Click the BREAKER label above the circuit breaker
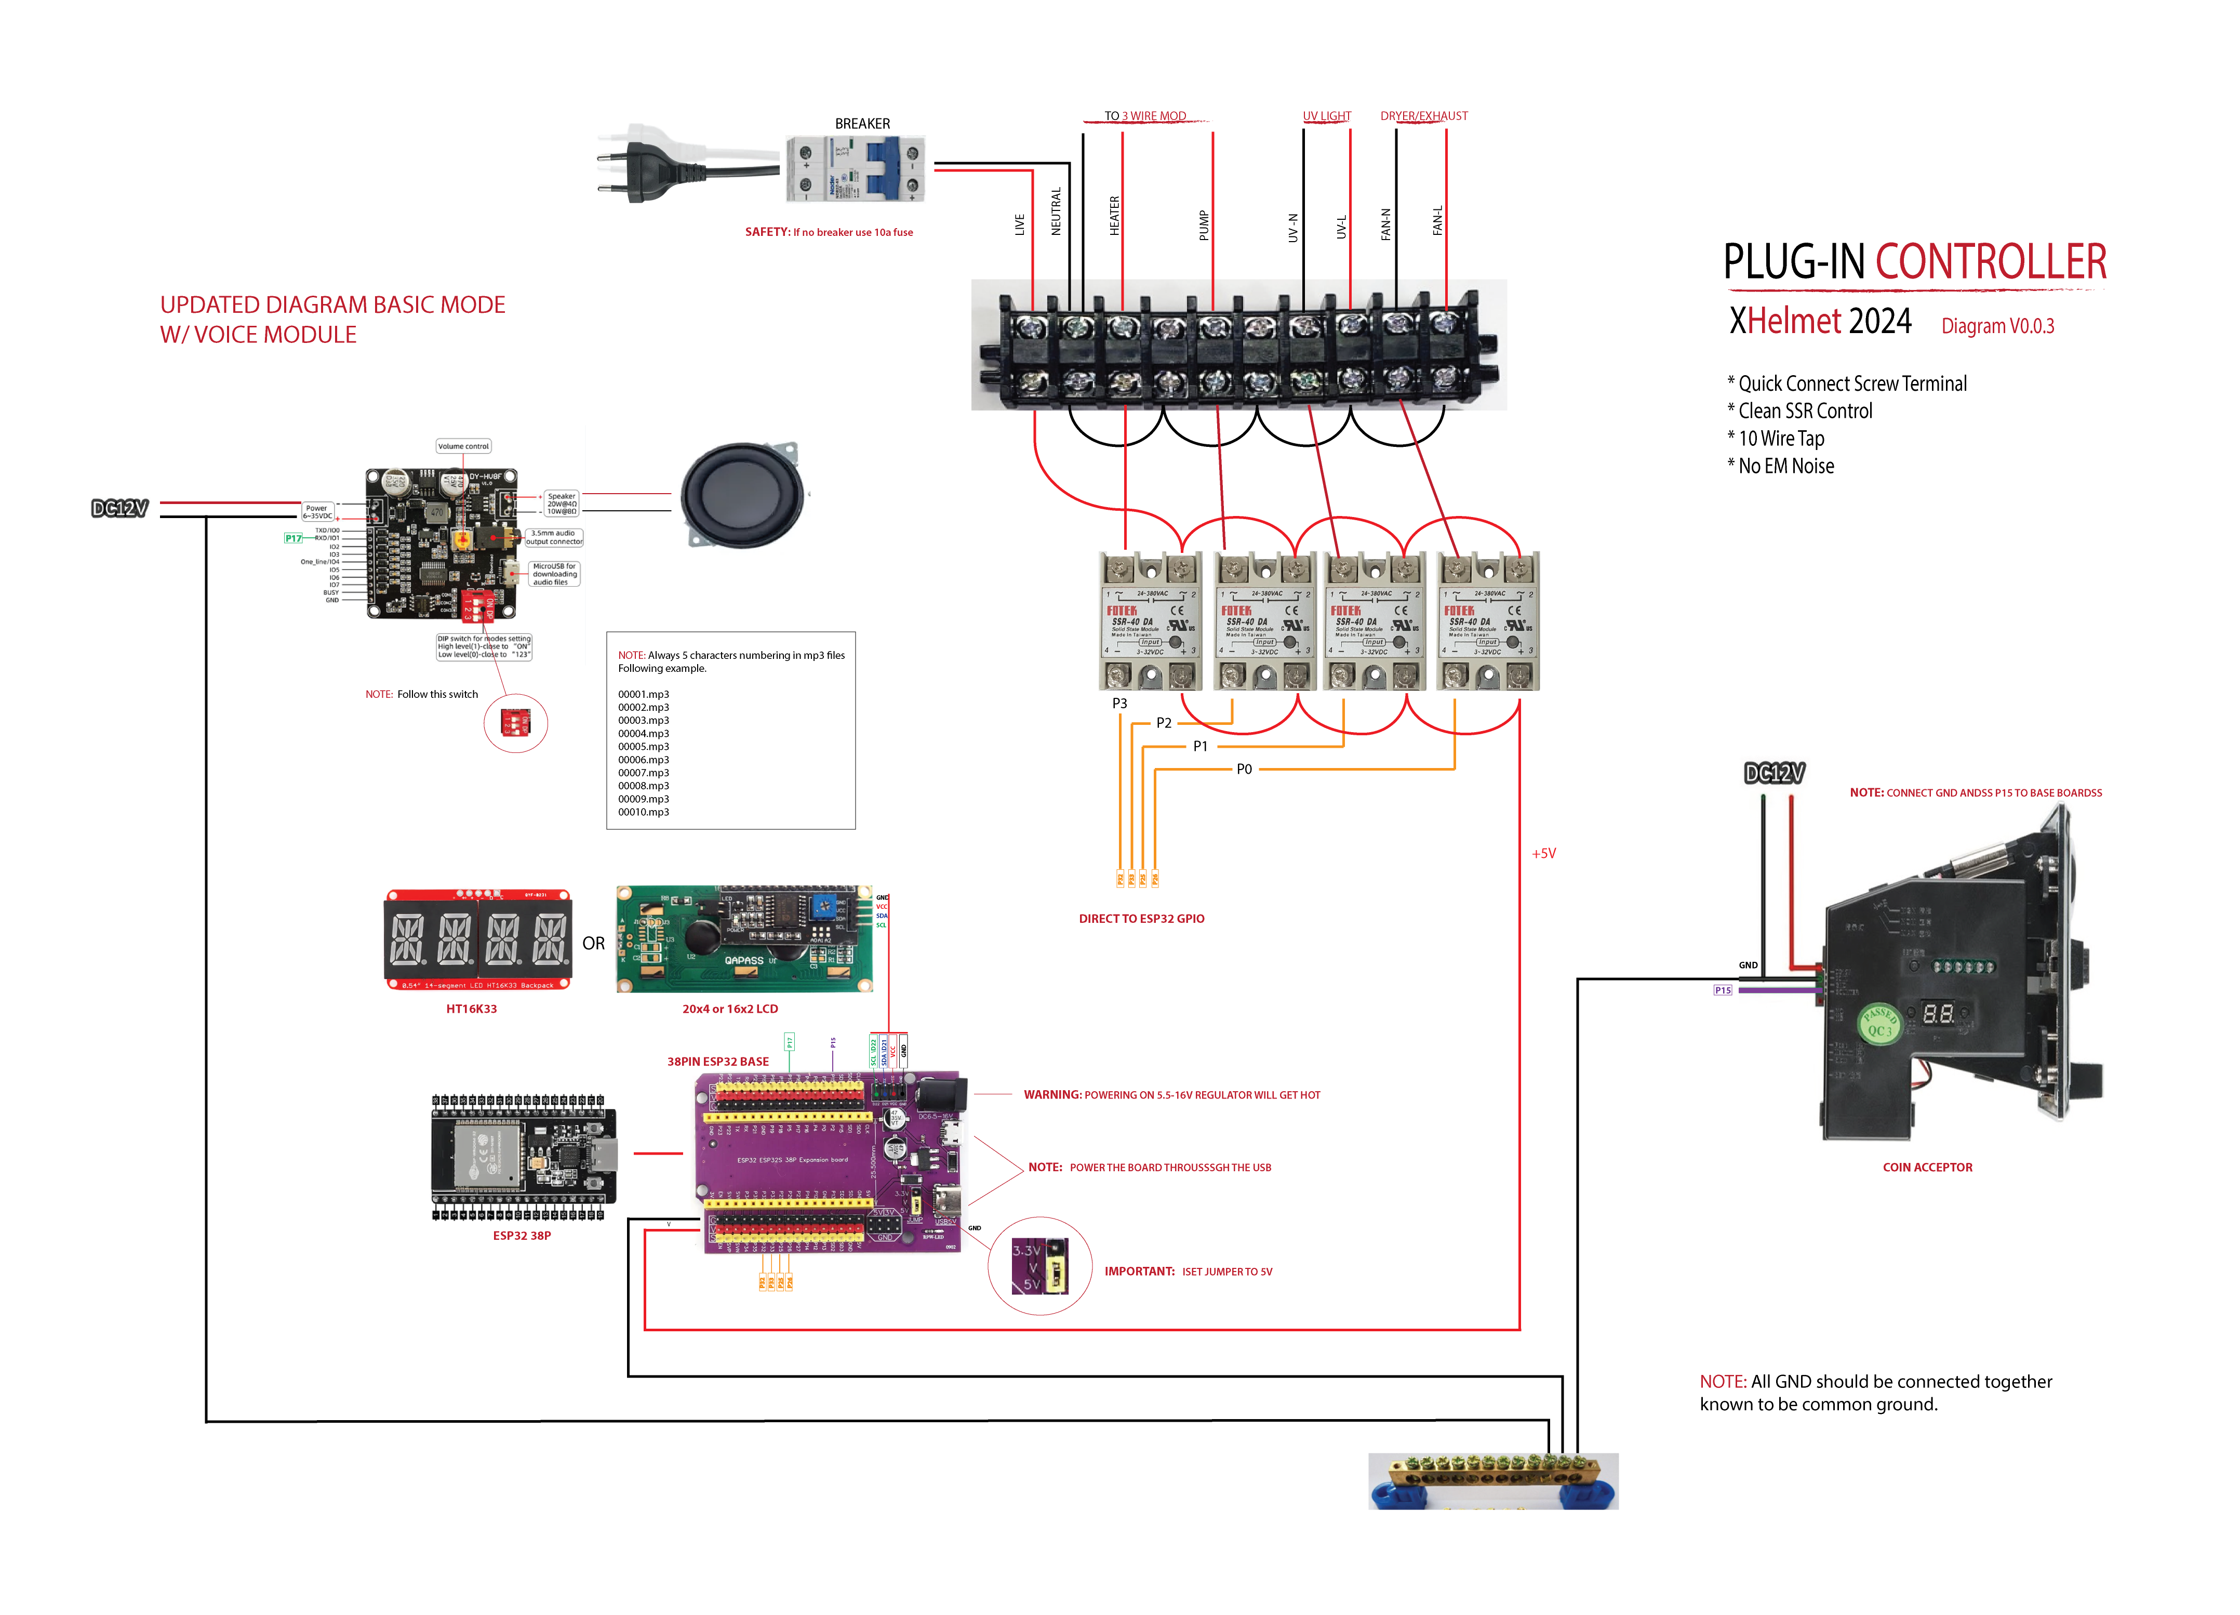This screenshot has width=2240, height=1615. click(x=862, y=124)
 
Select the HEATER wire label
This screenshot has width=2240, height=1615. click(x=1114, y=215)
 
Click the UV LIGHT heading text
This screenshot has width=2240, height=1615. click(x=1326, y=115)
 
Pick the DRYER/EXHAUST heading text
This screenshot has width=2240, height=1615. click(x=1423, y=115)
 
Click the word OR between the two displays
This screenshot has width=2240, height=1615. click(x=594, y=943)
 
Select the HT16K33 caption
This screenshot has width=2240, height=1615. click(x=471, y=1009)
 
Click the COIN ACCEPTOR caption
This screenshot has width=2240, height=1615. click(x=1927, y=1167)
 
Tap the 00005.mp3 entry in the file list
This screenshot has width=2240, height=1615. click(x=643, y=747)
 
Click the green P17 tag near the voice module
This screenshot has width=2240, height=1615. click(x=294, y=538)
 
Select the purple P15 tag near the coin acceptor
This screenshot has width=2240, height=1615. click(x=1723, y=990)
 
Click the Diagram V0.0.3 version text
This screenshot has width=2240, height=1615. click(x=1997, y=326)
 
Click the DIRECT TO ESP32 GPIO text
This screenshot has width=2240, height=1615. click(x=1142, y=919)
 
